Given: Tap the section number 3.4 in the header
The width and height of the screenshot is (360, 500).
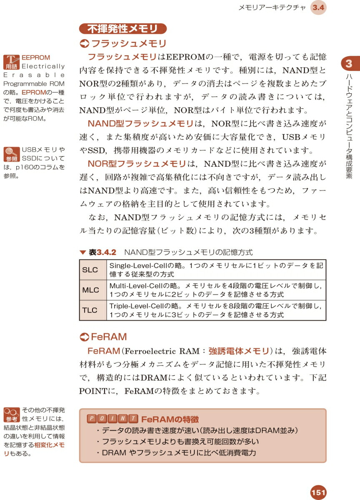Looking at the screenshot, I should point(319,8).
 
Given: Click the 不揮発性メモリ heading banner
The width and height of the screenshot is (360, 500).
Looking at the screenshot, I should point(122,29).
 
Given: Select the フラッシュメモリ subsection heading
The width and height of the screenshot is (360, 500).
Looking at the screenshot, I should point(124,44).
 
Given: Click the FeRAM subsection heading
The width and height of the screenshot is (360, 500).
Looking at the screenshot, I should point(104,337).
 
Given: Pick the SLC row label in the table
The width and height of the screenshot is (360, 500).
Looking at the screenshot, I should point(90,270).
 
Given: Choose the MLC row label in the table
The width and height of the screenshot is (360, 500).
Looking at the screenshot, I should point(90,290).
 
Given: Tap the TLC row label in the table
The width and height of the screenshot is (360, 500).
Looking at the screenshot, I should point(90,310).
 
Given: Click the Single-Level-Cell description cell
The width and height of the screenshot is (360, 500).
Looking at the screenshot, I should point(216,270).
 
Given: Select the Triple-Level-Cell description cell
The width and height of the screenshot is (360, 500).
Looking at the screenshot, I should point(216,310).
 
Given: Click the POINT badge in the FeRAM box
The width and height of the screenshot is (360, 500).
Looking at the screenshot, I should point(112,419).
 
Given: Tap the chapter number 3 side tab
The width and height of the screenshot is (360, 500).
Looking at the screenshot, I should point(349,64).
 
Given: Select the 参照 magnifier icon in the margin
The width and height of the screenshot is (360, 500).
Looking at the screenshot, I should point(11,154).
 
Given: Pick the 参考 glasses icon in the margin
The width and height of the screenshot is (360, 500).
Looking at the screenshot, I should point(11,414).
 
